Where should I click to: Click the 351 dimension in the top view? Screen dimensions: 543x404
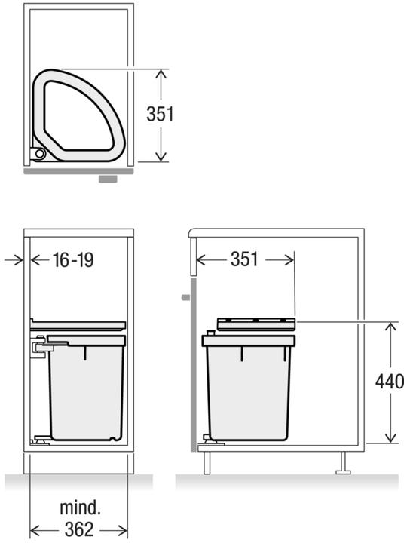pyautogui.click(x=160, y=114)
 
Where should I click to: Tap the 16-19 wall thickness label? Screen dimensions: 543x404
pyautogui.click(x=73, y=260)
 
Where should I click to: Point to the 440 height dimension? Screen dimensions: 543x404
pyautogui.click(x=389, y=380)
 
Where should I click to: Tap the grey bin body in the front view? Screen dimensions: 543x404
pyautogui.click(x=85, y=392)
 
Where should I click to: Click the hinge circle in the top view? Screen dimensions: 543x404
pyautogui.click(x=38, y=155)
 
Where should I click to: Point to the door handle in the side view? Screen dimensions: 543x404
pyautogui.click(x=185, y=297)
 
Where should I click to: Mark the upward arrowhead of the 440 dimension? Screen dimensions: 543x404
pyautogui.click(x=390, y=327)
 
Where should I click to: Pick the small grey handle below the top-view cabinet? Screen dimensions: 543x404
pyautogui.click(x=108, y=179)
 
